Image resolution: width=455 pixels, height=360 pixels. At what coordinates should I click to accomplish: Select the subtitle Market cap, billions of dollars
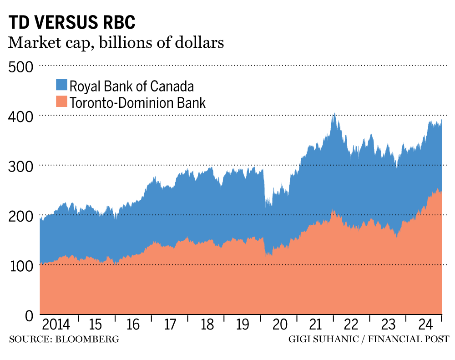coord(116,43)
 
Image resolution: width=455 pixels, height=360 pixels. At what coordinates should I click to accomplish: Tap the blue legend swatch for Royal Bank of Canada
coord(61,85)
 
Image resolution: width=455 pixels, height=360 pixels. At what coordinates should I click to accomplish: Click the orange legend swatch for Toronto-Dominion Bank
coord(61,102)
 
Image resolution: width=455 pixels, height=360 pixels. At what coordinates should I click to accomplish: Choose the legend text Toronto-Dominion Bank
coord(138,102)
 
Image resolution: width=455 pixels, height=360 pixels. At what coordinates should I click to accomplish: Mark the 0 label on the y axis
coord(28,315)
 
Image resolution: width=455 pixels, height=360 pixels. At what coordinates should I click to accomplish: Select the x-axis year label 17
coord(170,325)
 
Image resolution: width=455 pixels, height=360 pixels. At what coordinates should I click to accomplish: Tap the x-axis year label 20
coord(280,325)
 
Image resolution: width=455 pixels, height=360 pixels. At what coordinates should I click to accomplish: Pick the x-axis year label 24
coord(425,325)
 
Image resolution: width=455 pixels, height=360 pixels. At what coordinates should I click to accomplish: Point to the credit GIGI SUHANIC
coord(317,339)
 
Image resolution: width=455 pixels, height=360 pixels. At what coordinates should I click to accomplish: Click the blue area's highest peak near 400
coord(334,114)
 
